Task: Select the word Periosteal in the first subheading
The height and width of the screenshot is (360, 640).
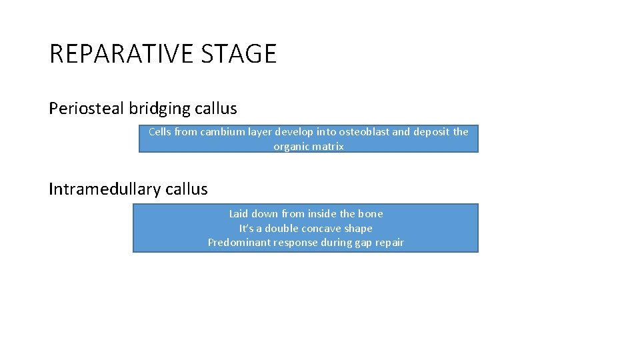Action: click(x=86, y=108)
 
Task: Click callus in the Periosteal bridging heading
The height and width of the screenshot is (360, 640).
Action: click(x=216, y=108)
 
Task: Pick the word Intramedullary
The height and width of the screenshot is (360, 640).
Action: click(x=105, y=189)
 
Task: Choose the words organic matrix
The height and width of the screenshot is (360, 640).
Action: click(x=309, y=147)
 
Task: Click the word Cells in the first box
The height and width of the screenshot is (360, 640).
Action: click(x=160, y=132)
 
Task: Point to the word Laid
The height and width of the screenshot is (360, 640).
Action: click(x=238, y=214)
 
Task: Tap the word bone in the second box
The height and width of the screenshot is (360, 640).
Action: click(x=371, y=214)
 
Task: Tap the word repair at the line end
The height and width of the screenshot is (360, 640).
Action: click(x=389, y=243)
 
